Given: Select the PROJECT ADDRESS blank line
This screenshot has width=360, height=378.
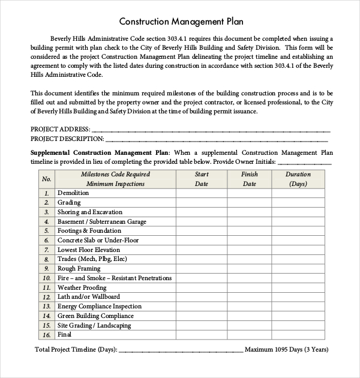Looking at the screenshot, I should [x=210, y=130].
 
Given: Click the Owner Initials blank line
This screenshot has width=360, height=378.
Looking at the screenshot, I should [x=305, y=162].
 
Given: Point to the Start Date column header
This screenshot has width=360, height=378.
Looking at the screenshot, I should [x=202, y=179].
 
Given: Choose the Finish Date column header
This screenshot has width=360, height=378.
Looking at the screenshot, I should [x=249, y=179].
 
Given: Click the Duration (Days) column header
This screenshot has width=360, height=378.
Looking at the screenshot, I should [x=298, y=179].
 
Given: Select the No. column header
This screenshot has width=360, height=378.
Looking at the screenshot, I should [x=46, y=179].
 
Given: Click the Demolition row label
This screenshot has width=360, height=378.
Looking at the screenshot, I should [x=73, y=193].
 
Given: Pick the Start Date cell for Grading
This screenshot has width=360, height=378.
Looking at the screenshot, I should [x=202, y=203].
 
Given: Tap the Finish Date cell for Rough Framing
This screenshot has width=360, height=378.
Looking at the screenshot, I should [x=249, y=269].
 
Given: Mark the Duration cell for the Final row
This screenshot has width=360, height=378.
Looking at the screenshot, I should [x=298, y=335].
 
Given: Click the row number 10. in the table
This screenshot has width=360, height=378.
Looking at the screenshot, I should [x=46, y=278].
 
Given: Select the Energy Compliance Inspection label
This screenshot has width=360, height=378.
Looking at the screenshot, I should [x=100, y=307].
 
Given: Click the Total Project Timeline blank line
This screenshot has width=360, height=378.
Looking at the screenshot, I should [x=180, y=350].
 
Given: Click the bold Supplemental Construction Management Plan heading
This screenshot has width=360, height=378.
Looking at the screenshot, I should [x=100, y=153].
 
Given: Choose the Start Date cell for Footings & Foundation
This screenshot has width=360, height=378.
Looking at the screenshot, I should [x=202, y=231].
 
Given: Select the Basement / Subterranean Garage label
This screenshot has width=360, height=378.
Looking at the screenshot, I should [x=101, y=221].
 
